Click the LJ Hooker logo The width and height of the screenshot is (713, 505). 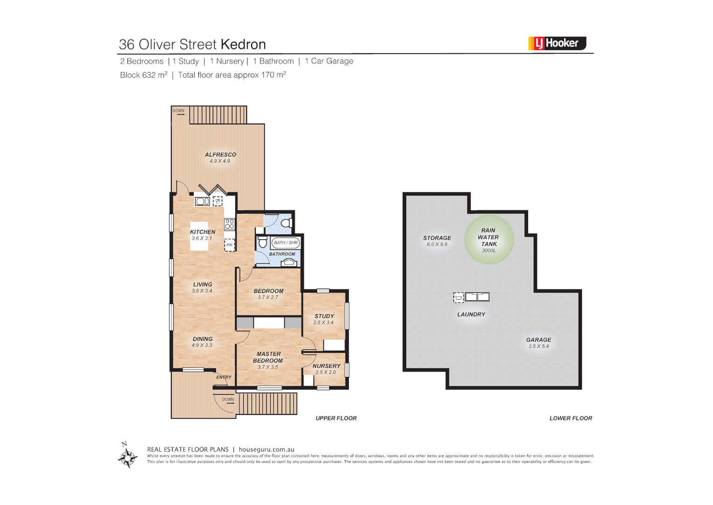(x=557, y=43)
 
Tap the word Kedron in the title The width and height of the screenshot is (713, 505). (x=243, y=44)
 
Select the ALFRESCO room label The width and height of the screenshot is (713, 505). (x=220, y=155)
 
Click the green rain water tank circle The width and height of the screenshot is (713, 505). (x=489, y=239)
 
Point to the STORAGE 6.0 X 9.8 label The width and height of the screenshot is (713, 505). (x=437, y=241)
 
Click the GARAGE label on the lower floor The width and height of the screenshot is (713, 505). (x=538, y=340)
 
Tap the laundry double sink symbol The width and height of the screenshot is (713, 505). (x=477, y=297)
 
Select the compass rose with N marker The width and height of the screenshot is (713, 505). (x=127, y=456)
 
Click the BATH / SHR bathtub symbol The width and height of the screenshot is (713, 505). (x=286, y=243)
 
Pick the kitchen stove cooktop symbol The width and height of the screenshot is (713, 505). (x=230, y=224)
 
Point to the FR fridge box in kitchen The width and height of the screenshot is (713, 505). (x=230, y=245)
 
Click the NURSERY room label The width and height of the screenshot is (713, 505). (x=326, y=366)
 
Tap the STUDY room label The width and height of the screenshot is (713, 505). (x=325, y=316)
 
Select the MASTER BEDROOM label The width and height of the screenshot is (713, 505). (x=268, y=357)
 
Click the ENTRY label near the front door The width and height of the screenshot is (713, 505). (x=224, y=377)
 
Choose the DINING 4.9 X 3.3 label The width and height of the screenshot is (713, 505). (x=203, y=342)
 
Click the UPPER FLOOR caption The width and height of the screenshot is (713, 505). (x=336, y=418)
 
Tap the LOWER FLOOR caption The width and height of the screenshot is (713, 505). (x=571, y=418)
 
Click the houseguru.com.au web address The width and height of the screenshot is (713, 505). (x=267, y=449)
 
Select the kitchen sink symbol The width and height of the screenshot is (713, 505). (x=202, y=201)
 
